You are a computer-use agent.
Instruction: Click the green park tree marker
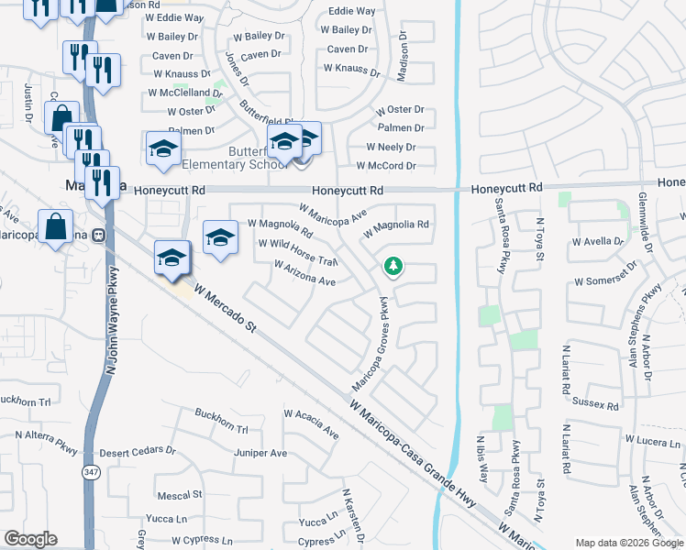(393, 267)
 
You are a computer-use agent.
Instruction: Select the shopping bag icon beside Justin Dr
(61, 117)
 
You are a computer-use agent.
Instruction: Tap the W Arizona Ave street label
(304, 272)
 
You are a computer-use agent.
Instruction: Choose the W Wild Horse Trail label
(298, 252)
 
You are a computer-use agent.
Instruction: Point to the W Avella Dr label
(597, 243)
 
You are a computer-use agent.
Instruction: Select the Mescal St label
(180, 495)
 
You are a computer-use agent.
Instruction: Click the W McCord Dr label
(391, 166)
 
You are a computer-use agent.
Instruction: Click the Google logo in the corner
(30, 539)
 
